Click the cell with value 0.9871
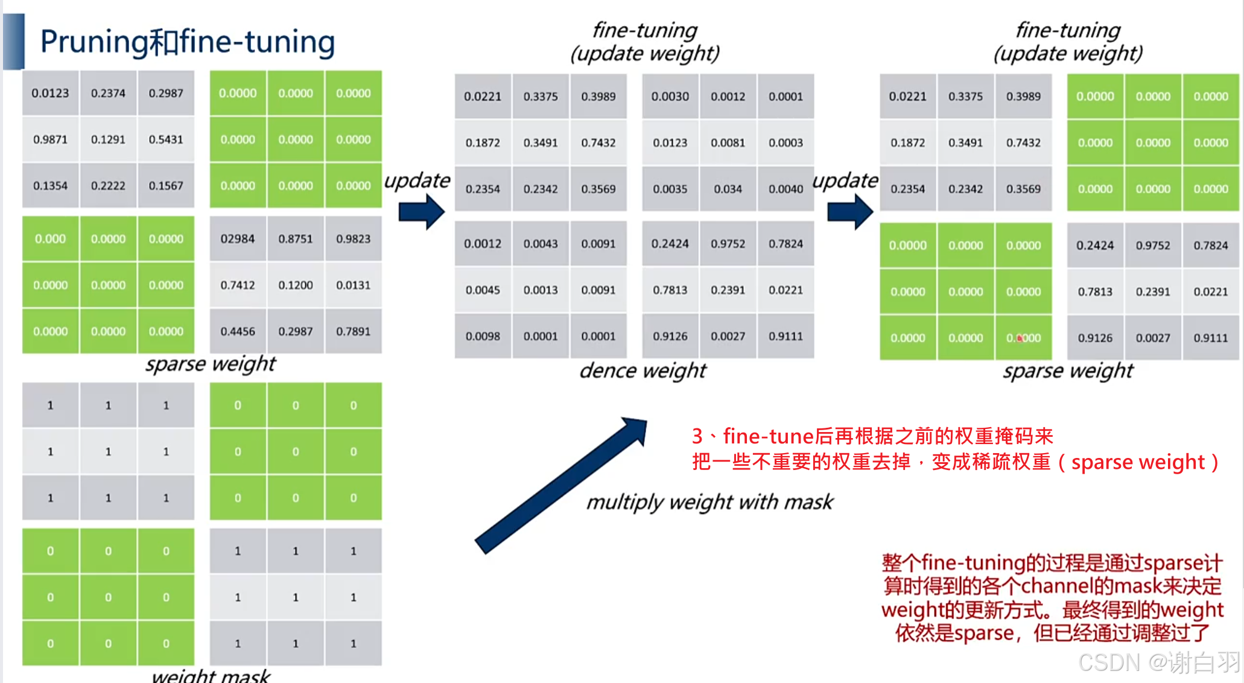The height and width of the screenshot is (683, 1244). click(50, 139)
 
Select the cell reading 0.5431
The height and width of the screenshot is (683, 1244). click(166, 139)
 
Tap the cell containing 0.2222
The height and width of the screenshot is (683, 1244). click(108, 186)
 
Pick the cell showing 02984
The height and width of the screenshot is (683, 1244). click(238, 239)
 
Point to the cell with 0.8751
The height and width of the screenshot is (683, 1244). click(296, 239)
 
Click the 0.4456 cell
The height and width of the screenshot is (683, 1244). click(238, 331)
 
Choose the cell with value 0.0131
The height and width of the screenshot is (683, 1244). click(354, 285)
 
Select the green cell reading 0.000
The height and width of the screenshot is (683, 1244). click(50, 239)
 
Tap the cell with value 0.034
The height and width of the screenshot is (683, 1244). click(728, 189)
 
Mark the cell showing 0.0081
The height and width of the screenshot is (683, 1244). click(728, 143)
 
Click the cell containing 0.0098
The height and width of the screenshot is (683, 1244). click(483, 336)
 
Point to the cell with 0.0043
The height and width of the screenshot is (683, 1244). click(541, 244)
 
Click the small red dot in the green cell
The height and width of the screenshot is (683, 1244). click(1020, 338)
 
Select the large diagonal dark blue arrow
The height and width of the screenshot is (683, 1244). click(561, 484)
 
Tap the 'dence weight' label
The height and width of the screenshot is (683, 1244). click(643, 370)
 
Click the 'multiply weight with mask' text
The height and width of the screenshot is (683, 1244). click(709, 502)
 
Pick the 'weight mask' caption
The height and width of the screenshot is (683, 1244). click(211, 676)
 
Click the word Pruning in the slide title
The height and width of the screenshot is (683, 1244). click(94, 42)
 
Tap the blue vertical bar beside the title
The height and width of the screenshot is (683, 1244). click(14, 41)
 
